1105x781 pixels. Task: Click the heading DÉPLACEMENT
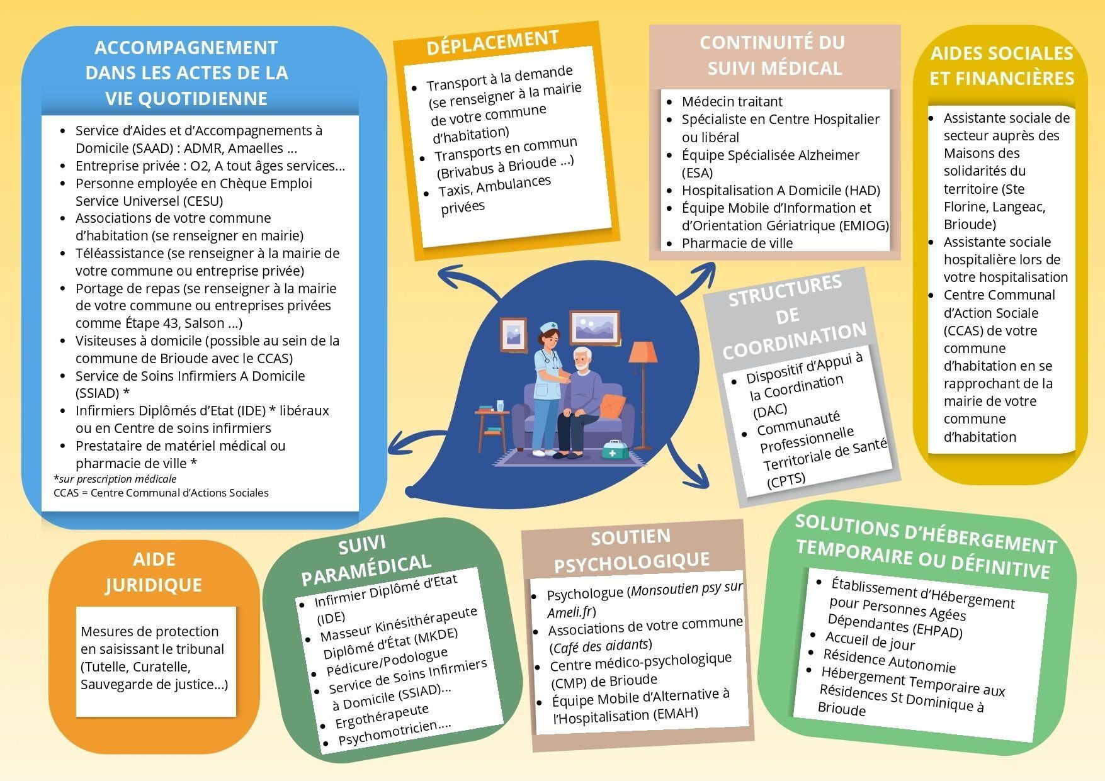point(492,43)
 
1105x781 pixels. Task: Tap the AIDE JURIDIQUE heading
point(154,572)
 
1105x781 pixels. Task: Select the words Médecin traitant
point(732,101)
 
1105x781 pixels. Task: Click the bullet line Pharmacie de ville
point(737,243)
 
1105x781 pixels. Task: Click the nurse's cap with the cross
point(548,327)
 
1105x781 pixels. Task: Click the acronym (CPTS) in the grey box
point(786,481)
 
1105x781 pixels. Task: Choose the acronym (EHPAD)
point(937,630)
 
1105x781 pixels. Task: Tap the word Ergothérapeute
point(382,716)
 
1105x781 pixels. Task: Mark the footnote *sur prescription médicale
point(115,479)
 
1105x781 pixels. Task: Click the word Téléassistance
point(119,253)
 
